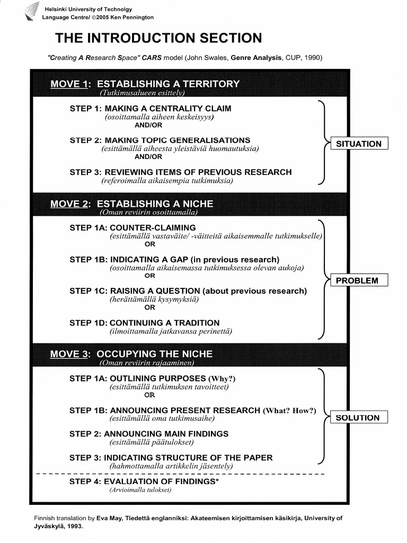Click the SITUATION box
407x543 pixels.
[x=359, y=144]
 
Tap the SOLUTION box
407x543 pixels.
[x=358, y=417]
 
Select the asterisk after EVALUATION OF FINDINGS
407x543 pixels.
[x=218, y=480]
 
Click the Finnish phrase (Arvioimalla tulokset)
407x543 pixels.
[x=140, y=490]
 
